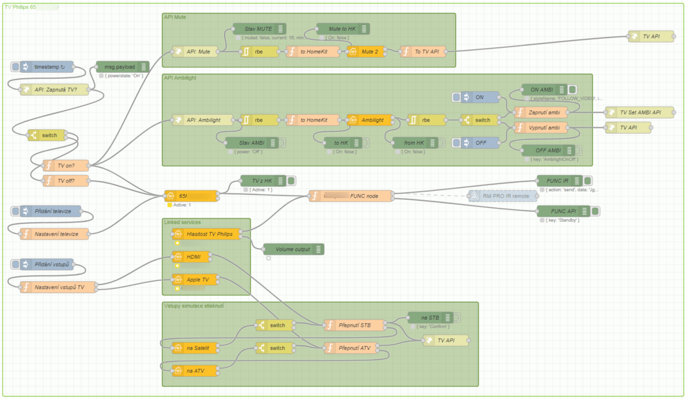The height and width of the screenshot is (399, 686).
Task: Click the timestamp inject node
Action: point(49,67)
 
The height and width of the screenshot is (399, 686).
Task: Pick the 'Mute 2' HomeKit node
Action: point(366,51)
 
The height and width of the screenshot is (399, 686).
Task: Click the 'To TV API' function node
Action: point(421,51)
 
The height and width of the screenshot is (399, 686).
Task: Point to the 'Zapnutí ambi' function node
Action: point(542,113)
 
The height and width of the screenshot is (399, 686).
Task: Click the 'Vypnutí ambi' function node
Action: point(542,128)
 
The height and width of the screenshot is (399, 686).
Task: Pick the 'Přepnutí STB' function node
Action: point(354,325)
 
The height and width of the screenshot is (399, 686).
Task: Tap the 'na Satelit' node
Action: point(196,348)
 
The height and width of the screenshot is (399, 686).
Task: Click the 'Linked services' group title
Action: point(182,222)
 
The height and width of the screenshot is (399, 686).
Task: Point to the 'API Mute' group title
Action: point(175,17)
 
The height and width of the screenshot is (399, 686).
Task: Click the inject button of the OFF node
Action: point(457,143)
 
